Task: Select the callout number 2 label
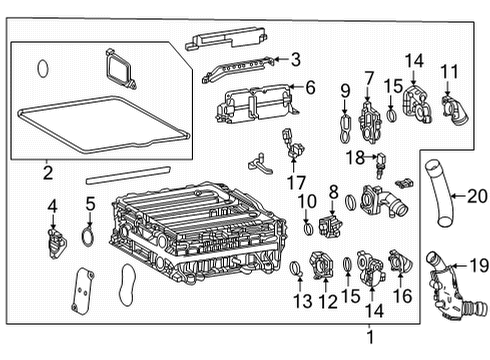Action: tap(47, 174)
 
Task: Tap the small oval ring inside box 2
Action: tap(41, 69)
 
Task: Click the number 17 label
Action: tap(294, 183)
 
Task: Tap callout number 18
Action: tap(352, 157)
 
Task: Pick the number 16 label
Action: tap(404, 297)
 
